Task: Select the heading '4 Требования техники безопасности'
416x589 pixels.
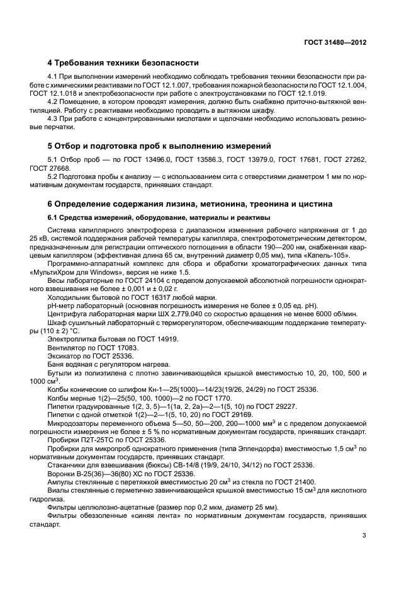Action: (123, 63)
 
